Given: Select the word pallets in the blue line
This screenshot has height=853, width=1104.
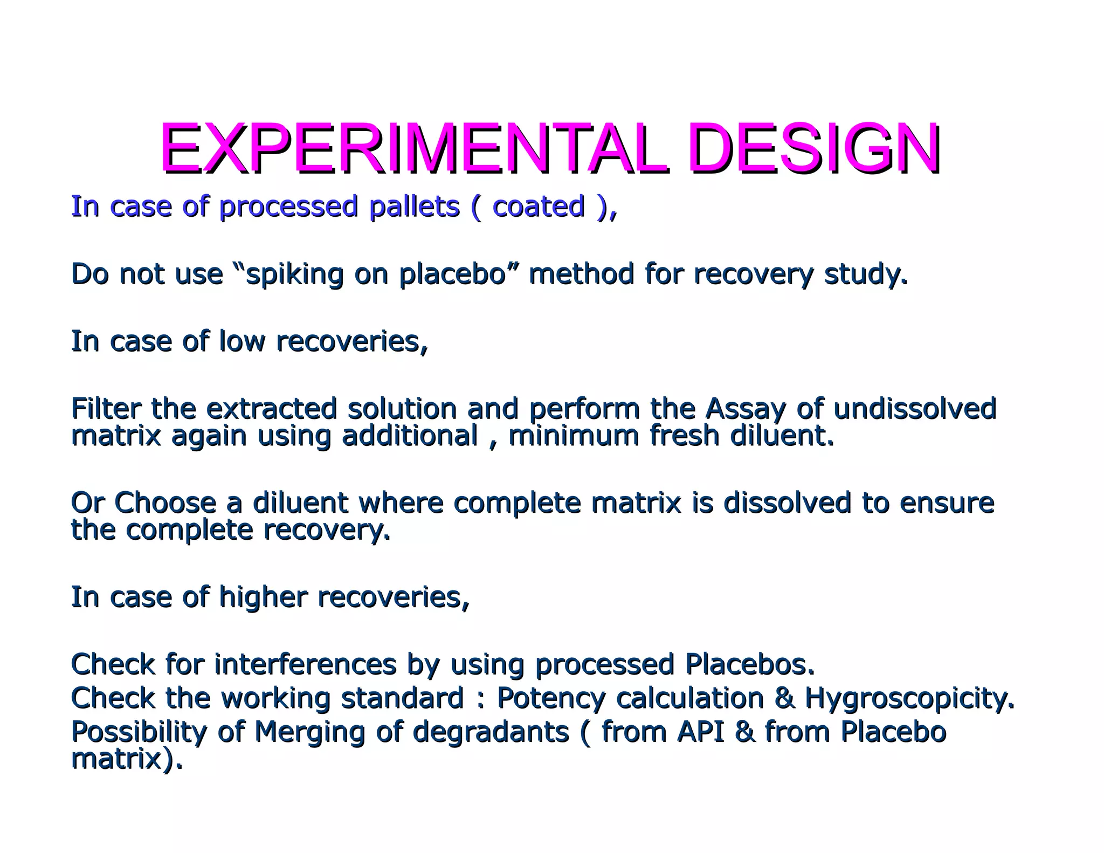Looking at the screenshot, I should (x=413, y=207).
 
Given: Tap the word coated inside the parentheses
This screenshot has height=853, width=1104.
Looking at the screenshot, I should (x=538, y=207).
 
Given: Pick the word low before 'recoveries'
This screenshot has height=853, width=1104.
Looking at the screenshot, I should (x=242, y=341).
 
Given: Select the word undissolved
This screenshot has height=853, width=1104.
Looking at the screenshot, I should (x=915, y=409).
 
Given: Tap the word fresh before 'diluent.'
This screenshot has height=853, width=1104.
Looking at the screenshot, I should (x=684, y=436).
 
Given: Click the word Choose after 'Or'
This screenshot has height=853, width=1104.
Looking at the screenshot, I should (x=165, y=503).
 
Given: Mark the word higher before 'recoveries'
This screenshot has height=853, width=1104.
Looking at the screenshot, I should (x=263, y=597).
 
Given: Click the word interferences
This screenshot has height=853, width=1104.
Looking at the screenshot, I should (x=305, y=664).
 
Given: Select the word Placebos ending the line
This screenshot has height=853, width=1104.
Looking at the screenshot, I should (x=749, y=664).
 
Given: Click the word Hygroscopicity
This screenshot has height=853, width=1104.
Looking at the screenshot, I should (x=909, y=698).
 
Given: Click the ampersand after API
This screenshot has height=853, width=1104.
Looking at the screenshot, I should (x=744, y=732).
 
